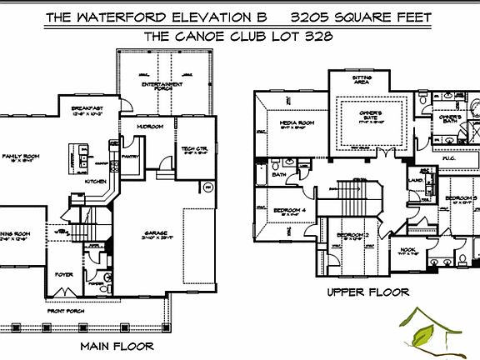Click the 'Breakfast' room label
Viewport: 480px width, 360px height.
tap(87, 109)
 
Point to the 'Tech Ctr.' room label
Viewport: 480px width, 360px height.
tap(194, 150)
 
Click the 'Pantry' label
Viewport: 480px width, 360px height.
tap(129, 155)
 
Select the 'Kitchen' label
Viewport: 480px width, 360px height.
tap(96, 181)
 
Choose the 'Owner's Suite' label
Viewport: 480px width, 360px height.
tap(371, 113)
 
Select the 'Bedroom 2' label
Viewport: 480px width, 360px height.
tap(352, 236)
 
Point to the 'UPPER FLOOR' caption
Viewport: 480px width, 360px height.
tap(367, 292)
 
